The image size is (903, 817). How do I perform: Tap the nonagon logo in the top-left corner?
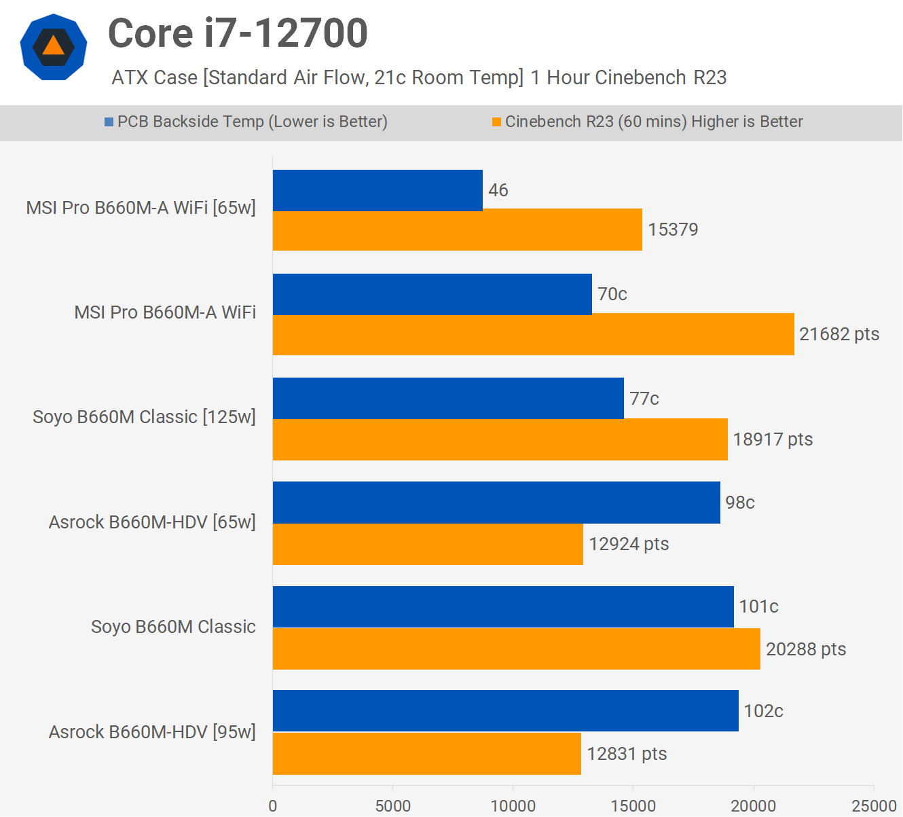[54, 47]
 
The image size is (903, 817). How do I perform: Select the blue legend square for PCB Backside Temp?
[109, 122]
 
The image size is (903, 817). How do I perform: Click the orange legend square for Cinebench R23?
[496, 122]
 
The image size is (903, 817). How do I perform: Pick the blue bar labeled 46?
[377, 190]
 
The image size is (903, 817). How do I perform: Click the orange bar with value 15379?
[457, 230]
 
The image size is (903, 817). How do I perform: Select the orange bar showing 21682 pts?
[533, 334]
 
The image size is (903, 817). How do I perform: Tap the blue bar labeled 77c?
[448, 398]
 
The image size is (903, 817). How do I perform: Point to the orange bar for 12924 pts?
[428, 544]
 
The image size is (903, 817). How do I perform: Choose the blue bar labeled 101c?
[503, 606]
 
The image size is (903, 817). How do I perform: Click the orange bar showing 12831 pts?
[426, 754]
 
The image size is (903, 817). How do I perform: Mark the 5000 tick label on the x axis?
[393, 806]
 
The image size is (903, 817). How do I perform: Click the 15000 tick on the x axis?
[633, 806]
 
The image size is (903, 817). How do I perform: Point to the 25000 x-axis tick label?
[874, 806]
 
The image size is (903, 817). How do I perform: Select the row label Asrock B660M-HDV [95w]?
[152, 732]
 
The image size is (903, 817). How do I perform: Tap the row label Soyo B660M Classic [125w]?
[144, 417]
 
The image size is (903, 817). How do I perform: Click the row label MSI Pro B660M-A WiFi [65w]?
[141, 208]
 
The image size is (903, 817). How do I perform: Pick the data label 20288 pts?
[806, 649]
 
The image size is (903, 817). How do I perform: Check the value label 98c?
[739, 503]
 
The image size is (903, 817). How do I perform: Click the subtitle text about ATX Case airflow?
[419, 77]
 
